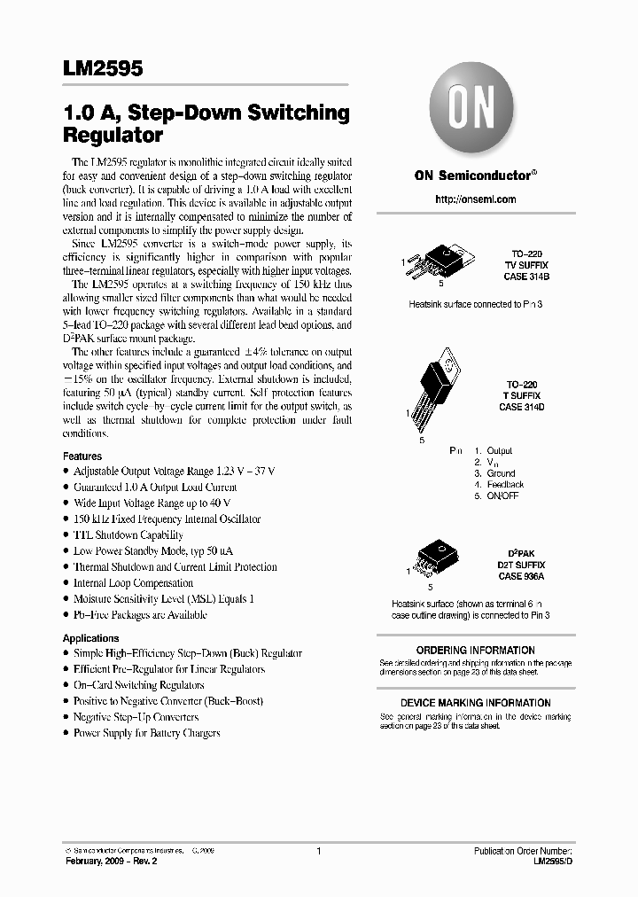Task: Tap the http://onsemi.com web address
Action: click(x=476, y=199)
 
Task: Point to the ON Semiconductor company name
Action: click(x=476, y=175)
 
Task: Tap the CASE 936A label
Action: click(x=521, y=576)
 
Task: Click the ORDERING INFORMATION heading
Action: click(x=476, y=651)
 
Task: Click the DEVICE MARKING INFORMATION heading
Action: click(x=476, y=703)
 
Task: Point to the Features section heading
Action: click(x=82, y=456)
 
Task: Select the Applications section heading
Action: click(x=90, y=638)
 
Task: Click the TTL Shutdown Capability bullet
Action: click(x=128, y=535)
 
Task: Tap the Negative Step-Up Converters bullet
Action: click(x=136, y=717)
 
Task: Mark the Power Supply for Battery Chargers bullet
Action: click(x=146, y=733)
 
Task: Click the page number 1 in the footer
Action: click(x=317, y=851)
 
